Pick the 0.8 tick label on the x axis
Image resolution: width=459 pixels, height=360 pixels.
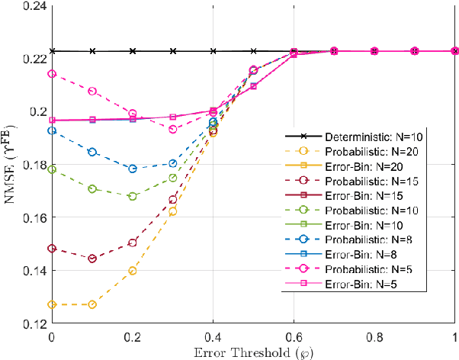click(x=374, y=336)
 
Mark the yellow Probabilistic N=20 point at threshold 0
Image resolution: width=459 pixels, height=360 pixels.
click(x=52, y=304)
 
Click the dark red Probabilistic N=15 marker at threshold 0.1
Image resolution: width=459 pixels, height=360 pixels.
click(x=92, y=259)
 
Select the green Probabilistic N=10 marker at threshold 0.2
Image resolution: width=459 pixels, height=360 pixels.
click(x=133, y=196)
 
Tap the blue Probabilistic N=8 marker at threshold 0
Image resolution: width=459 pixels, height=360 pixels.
click(x=52, y=130)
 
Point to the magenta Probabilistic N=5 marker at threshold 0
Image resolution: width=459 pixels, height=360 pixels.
click(x=52, y=74)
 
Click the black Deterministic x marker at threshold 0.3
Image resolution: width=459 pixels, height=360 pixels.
click(x=173, y=51)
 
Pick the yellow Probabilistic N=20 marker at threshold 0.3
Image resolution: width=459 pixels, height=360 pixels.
click(x=173, y=211)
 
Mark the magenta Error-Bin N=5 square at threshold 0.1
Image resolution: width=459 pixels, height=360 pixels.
click(x=92, y=120)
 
